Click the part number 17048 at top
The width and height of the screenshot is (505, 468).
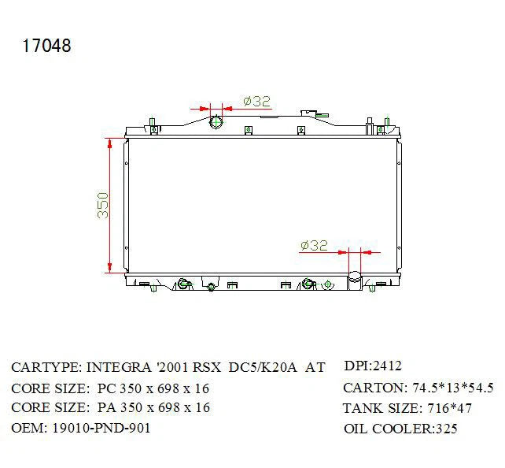tap(46, 46)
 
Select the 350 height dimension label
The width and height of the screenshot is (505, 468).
tap(103, 206)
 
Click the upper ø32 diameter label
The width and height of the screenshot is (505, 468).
tap(256, 102)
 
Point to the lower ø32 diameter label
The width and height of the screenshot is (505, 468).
tap(314, 246)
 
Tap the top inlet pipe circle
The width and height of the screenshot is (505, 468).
tap(216, 122)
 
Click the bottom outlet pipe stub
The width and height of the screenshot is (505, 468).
tap(355, 280)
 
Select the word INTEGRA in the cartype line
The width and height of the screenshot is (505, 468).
tap(119, 367)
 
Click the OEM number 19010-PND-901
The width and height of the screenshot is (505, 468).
tap(101, 428)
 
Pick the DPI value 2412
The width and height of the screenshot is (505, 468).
tap(387, 366)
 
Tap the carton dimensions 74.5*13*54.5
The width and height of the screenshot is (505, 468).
tap(453, 388)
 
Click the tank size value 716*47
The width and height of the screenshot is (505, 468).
tap(449, 408)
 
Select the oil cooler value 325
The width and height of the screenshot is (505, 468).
tap(446, 429)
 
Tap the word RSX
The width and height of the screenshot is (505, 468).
tap(207, 367)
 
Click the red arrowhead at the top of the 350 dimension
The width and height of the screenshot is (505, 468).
tap(110, 144)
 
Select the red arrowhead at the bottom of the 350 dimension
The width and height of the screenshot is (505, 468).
tap(110, 267)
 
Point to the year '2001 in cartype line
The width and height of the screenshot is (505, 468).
tap(172, 367)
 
